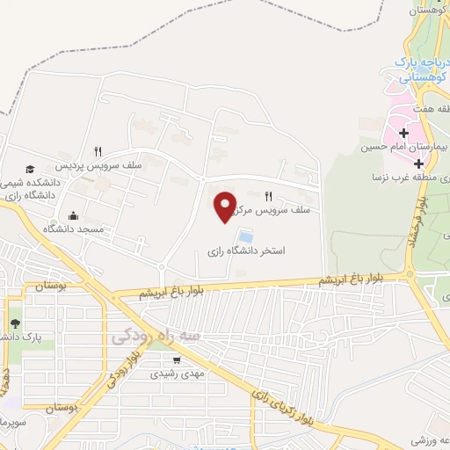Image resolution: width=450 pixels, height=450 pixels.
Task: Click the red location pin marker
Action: point(227,206)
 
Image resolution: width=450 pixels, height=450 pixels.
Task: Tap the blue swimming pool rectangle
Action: point(245,236)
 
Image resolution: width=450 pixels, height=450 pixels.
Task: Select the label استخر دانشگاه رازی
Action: point(247,251)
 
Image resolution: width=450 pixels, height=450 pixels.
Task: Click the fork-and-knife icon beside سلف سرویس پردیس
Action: point(98,151)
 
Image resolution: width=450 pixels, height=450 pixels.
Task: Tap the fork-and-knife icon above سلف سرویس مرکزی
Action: point(269,196)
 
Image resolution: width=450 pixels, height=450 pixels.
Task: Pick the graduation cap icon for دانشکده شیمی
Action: point(30,168)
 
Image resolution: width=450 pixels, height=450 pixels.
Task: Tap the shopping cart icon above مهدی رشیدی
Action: point(177,359)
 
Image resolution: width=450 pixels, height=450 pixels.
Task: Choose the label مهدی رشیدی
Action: point(179,373)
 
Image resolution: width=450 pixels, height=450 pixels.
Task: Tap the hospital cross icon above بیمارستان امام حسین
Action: point(403,134)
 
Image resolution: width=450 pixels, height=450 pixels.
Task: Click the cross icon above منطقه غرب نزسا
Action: point(420,163)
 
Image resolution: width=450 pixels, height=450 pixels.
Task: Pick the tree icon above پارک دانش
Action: point(15,323)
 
